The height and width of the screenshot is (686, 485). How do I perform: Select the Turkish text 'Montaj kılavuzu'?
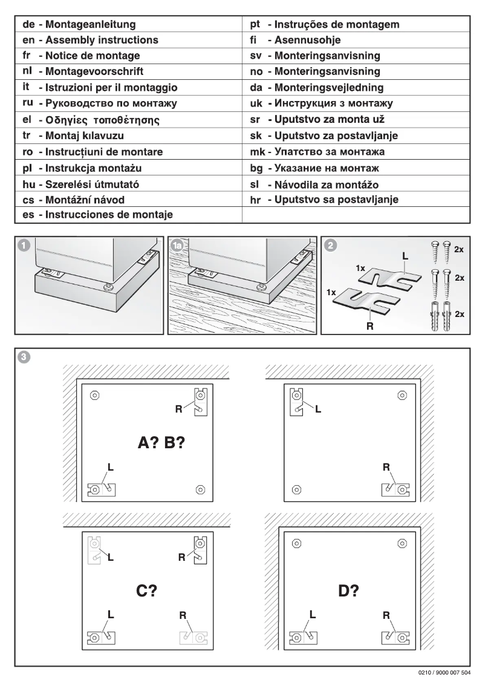point(81,136)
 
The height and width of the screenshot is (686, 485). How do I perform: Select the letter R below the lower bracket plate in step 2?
point(369,322)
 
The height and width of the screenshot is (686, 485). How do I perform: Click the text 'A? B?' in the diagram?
point(161,443)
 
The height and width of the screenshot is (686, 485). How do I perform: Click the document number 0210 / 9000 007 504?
point(444,673)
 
